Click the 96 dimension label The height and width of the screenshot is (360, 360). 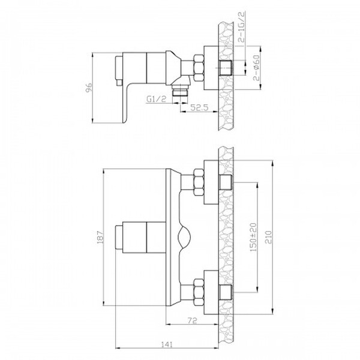click(88, 88)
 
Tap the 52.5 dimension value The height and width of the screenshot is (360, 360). click(199, 107)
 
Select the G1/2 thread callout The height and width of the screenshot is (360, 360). click(156, 99)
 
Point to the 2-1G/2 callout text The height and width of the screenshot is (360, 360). click(242, 27)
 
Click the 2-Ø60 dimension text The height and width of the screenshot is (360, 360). click(256, 68)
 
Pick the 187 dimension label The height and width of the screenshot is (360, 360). click(100, 237)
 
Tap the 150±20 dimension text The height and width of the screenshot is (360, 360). click(253, 237)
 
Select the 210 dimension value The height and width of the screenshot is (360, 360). click(268, 238)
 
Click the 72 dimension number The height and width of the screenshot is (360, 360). click(192, 320)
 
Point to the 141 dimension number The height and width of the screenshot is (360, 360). click(167, 344)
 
